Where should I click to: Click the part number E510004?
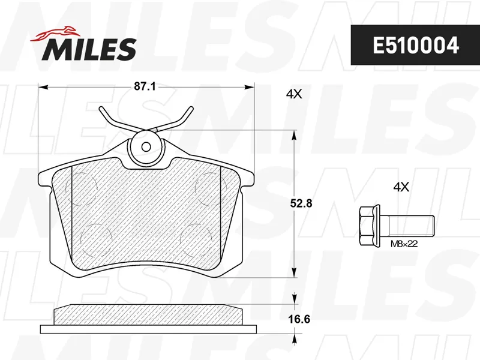click(x=415, y=46)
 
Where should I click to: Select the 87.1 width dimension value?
click(x=145, y=86)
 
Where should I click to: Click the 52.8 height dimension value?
click(x=302, y=203)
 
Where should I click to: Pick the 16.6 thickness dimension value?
click(x=299, y=319)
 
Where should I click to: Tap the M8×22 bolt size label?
click(x=404, y=244)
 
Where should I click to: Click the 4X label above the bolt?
click(x=401, y=187)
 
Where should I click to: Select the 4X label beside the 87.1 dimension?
click(x=294, y=94)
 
